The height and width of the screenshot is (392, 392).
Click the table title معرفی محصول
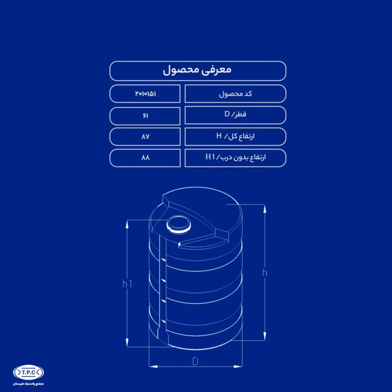(197, 70)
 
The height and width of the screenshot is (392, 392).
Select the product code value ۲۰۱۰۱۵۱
(145, 94)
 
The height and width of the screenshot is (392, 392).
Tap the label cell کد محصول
(235, 94)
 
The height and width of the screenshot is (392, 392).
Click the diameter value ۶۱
(145, 115)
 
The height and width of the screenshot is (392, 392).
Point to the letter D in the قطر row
(227, 114)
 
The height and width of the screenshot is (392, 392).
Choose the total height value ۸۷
(145, 136)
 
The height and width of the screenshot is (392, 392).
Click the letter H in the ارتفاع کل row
(219, 136)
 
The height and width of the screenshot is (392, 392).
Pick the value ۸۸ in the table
(145, 158)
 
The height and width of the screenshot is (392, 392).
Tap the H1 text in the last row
(210, 157)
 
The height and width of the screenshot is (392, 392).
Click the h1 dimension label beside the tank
(127, 284)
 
